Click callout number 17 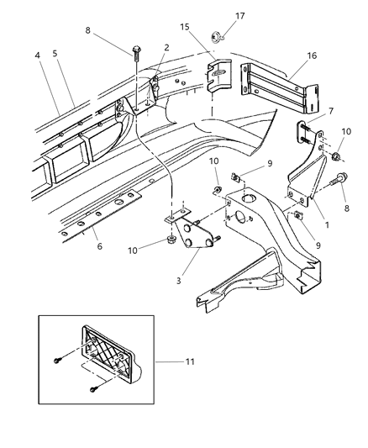click(239, 14)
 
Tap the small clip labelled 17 click(217, 35)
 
